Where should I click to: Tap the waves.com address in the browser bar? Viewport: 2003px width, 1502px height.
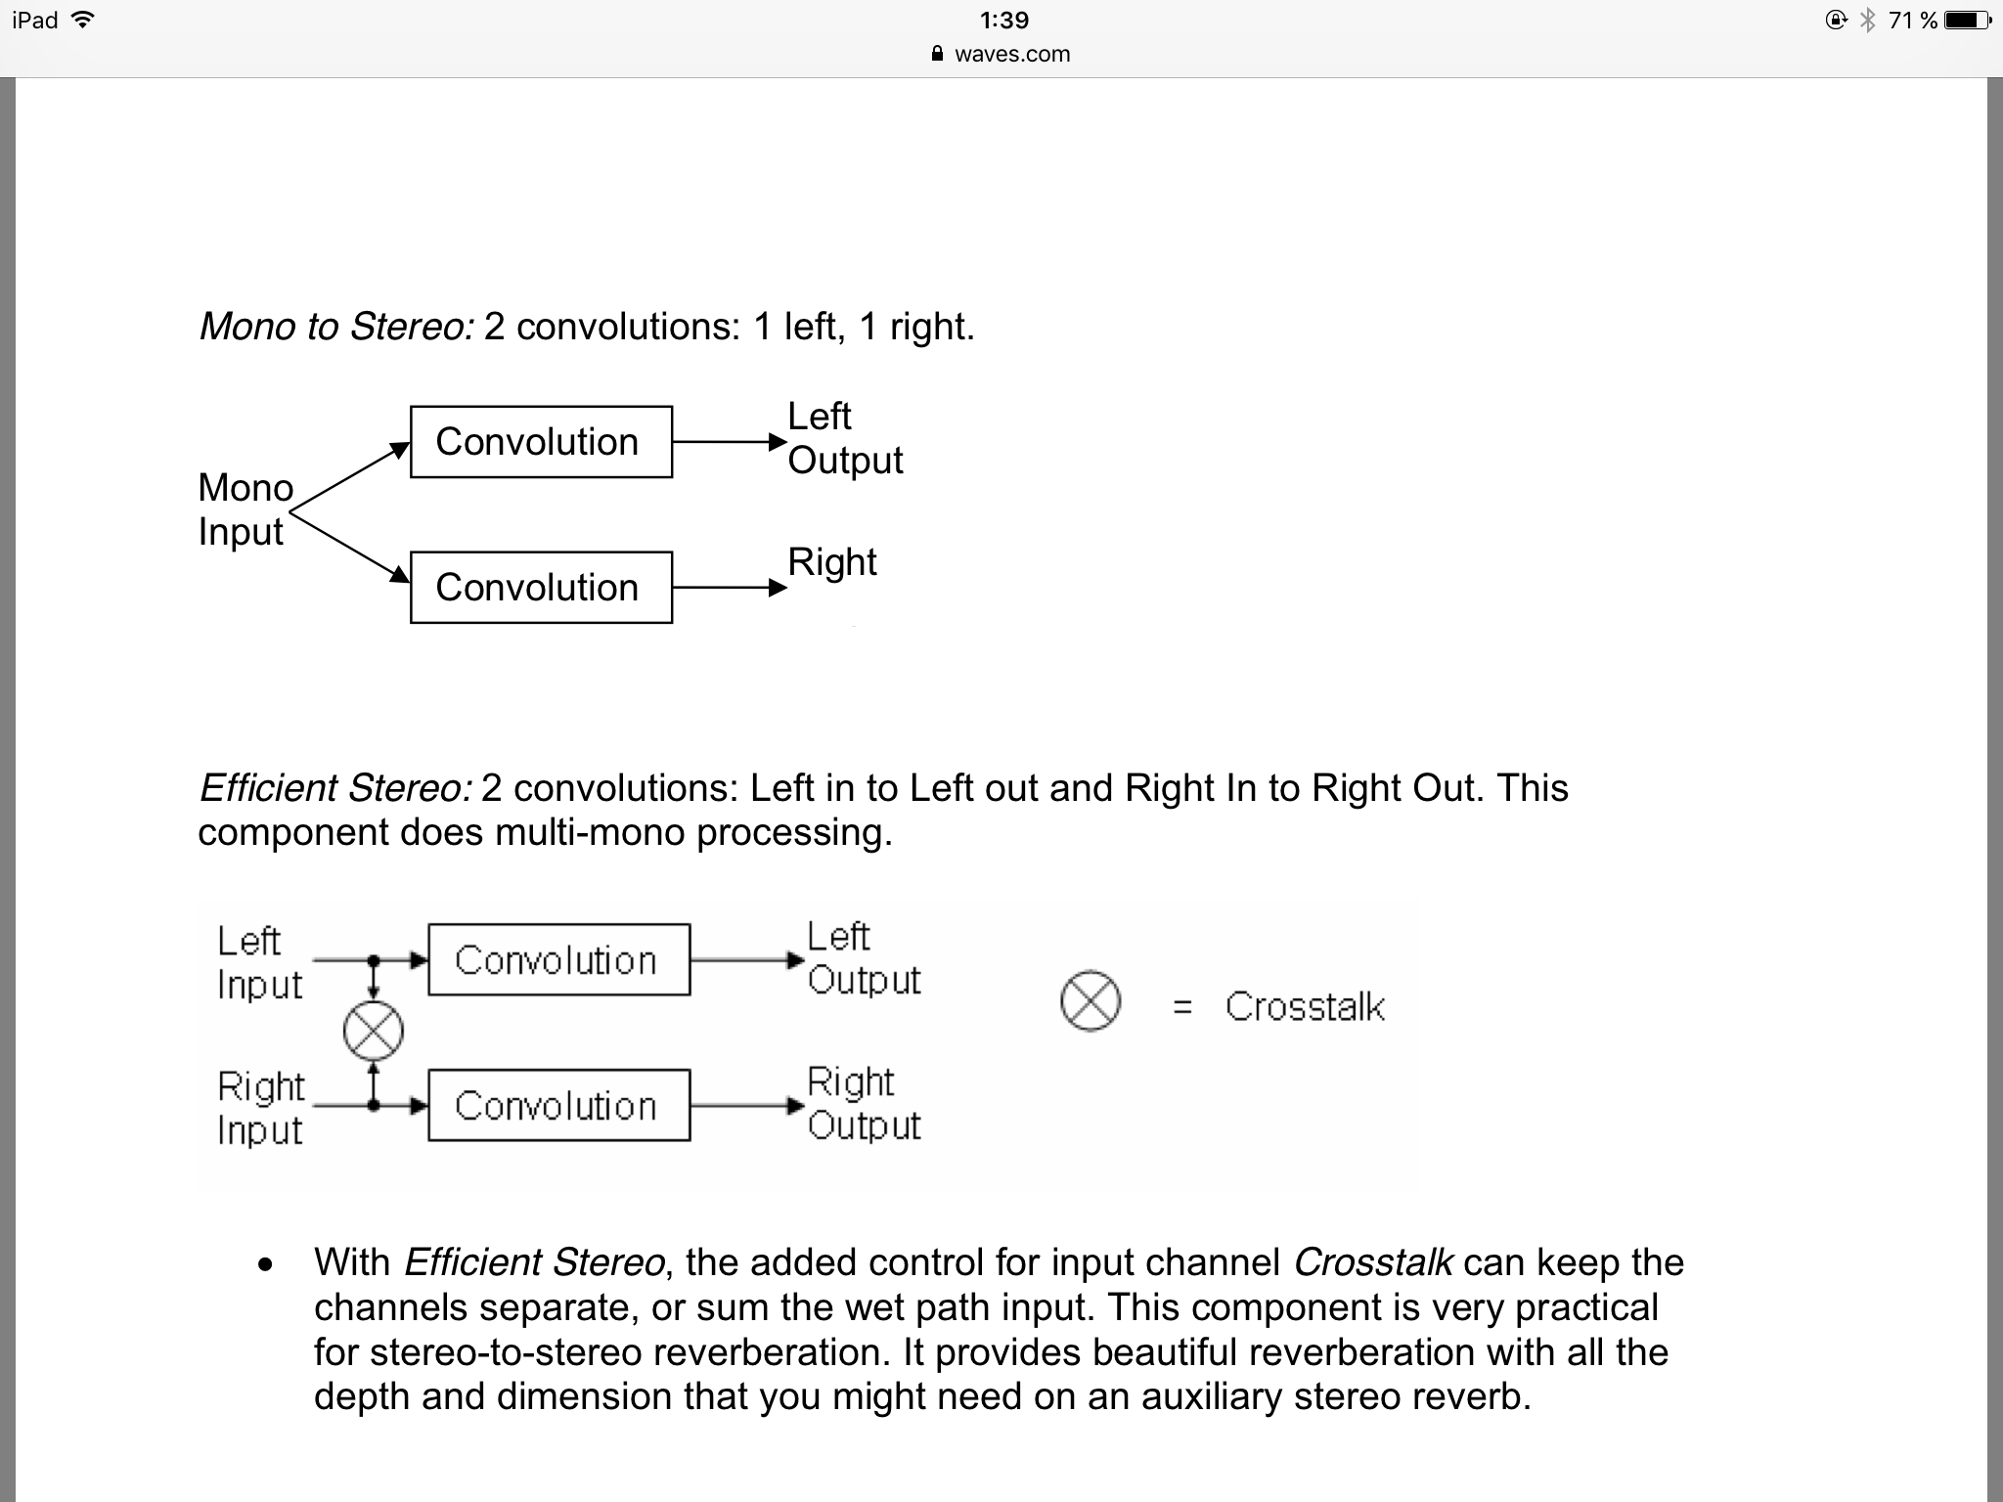(1011, 55)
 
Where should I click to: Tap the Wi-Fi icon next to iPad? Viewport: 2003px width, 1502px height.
(83, 20)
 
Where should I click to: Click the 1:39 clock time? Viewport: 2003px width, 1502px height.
(1003, 21)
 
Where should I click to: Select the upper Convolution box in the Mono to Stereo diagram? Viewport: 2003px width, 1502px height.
(541, 442)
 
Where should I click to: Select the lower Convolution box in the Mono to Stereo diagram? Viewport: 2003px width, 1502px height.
(541, 588)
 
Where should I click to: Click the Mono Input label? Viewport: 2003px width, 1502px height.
(245, 509)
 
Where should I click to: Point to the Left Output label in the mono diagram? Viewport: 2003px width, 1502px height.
(844, 438)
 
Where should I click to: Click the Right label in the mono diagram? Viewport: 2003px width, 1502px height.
(832, 562)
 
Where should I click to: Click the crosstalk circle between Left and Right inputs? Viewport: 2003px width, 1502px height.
(374, 1031)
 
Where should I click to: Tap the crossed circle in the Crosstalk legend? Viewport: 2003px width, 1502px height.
(1090, 1001)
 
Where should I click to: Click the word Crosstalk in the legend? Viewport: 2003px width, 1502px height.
(1305, 1007)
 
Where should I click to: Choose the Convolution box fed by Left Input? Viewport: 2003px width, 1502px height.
(558, 960)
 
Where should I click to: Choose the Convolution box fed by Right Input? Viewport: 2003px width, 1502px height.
(558, 1106)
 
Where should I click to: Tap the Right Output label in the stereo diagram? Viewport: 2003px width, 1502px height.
(864, 1104)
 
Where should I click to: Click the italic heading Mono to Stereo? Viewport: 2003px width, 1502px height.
(335, 327)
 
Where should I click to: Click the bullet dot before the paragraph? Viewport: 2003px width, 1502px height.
(265, 1265)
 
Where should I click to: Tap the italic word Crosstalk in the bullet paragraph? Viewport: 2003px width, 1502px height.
(1373, 1262)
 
